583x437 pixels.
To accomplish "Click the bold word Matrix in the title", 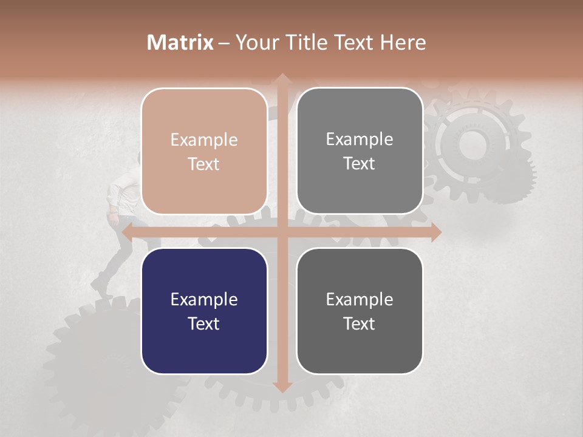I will point(180,42).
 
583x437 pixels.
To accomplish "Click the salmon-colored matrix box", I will point(204,151).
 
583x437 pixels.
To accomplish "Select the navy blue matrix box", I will point(204,311).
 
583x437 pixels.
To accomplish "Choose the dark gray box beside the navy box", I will point(360,311).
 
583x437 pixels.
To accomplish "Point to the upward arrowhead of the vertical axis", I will point(282,79).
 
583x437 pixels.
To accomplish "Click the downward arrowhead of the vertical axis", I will point(282,387).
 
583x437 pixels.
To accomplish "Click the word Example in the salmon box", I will point(204,140).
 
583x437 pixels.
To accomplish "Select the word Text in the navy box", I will point(204,324).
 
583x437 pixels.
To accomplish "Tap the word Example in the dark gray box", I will point(360,299).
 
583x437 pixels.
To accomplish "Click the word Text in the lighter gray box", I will point(360,163).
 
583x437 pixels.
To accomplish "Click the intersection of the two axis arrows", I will point(282,231).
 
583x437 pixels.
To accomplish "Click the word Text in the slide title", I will point(356,42).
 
